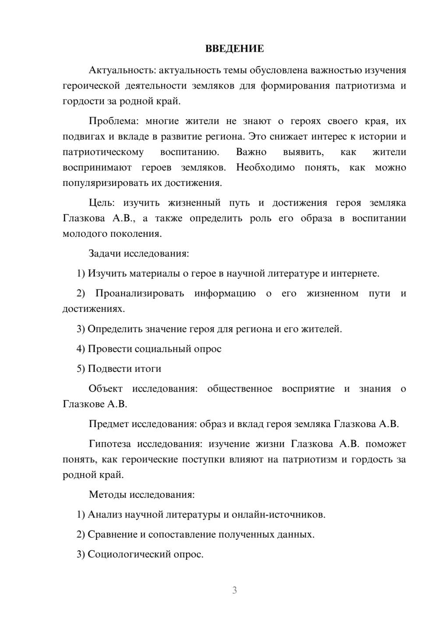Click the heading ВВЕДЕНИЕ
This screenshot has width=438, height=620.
tap(235, 49)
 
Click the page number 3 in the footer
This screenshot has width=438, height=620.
tap(235, 590)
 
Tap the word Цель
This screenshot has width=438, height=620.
tap(101, 203)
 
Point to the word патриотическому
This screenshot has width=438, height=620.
tap(103, 152)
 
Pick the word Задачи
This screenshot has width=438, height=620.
tap(105, 253)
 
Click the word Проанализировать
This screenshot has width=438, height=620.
tap(140, 293)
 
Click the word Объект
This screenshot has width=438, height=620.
tap(106, 389)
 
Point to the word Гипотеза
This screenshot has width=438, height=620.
tap(109, 444)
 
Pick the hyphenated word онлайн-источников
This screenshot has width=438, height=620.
tap(278, 514)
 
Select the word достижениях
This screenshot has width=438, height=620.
tap(93, 309)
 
